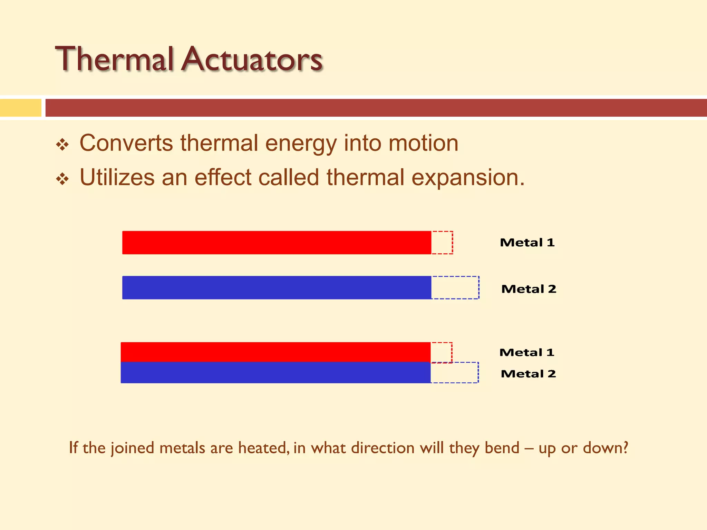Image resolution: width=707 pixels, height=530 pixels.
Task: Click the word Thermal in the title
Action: click(x=114, y=59)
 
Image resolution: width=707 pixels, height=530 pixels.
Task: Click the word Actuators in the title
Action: click(x=252, y=59)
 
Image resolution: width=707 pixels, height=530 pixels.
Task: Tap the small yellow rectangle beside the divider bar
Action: click(x=20, y=108)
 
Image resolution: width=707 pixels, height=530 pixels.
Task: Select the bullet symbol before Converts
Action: click(x=62, y=145)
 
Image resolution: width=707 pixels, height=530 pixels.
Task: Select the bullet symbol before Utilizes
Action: click(x=62, y=179)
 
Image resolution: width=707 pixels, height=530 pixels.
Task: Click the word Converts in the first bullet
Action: click(x=126, y=143)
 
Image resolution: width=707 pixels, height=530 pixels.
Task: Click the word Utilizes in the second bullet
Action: click(x=117, y=178)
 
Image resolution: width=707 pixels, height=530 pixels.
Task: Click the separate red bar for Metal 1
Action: click(x=276, y=243)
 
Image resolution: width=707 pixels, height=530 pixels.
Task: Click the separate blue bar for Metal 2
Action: click(x=276, y=287)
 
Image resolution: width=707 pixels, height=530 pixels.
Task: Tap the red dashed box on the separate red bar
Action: click(x=442, y=243)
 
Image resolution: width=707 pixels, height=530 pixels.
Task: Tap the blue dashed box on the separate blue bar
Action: click(x=455, y=287)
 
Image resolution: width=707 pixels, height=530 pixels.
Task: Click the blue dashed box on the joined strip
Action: click(x=455, y=373)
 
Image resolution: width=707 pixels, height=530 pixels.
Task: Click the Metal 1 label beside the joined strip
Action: click(x=527, y=352)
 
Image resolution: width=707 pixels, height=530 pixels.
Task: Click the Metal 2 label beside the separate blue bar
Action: click(x=529, y=289)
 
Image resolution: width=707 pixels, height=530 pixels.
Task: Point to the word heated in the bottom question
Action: click(x=263, y=448)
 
